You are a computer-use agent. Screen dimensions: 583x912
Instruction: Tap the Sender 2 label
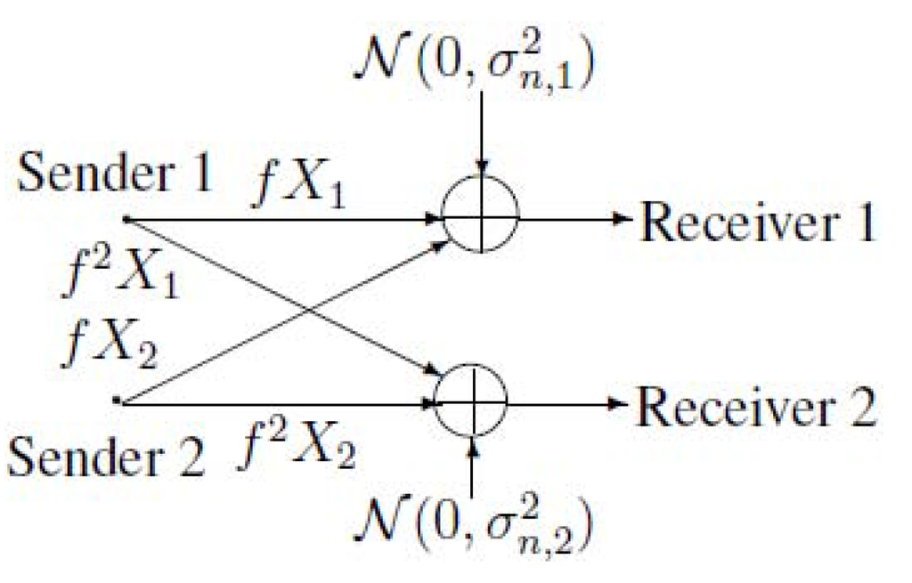point(104,459)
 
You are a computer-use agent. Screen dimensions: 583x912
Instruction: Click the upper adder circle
point(480,217)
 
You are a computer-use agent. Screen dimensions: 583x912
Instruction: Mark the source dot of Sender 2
point(117,401)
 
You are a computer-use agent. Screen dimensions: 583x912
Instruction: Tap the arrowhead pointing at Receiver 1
point(623,218)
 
